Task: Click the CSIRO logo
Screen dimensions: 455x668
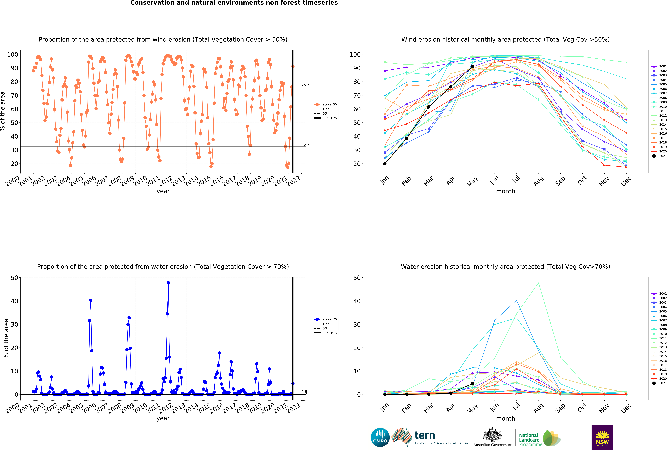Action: (380, 437)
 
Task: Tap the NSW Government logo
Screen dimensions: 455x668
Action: (602, 437)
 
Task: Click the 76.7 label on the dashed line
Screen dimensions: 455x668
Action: (305, 85)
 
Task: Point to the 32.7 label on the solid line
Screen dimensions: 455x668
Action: (305, 145)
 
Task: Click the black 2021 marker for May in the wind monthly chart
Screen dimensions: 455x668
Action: (473, 67)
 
